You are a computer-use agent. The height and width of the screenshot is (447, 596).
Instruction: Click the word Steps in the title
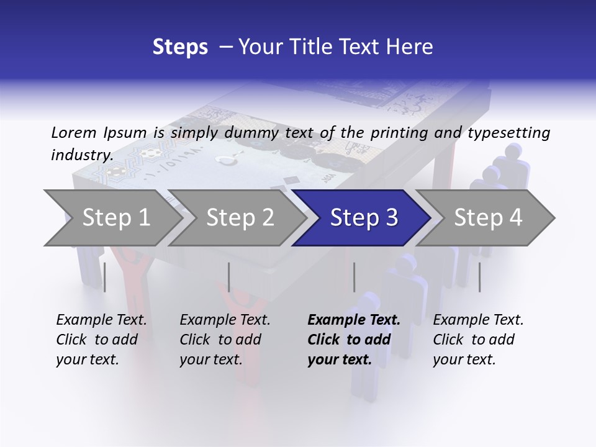coord(180,47)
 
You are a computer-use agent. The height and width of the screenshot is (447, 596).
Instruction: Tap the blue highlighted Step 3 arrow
coord(364,218)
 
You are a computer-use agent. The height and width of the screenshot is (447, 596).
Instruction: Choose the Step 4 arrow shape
coord(488,218)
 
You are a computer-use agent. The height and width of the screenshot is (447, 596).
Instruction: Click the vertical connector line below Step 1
coord(104,277)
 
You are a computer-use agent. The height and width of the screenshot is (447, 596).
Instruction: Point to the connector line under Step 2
coord(229,277)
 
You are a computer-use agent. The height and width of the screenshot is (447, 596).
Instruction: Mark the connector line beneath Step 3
coord(354,277)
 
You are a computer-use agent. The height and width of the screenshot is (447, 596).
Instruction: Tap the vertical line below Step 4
coord(479,277)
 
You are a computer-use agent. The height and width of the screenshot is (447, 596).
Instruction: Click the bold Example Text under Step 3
coord(354,340)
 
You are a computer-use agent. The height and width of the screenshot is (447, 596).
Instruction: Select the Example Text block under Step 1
coord(101,340)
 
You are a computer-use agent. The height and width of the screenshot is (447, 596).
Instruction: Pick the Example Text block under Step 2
coord(225,340)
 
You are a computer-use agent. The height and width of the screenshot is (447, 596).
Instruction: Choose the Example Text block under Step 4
coord(478,340)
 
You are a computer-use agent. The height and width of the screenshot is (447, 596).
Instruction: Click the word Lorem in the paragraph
coord(74,132)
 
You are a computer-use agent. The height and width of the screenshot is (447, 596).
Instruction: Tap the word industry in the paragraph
coord(81,155)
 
